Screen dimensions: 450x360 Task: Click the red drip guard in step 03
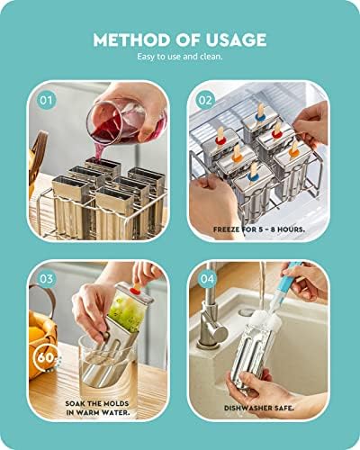[x=132, y=291]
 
